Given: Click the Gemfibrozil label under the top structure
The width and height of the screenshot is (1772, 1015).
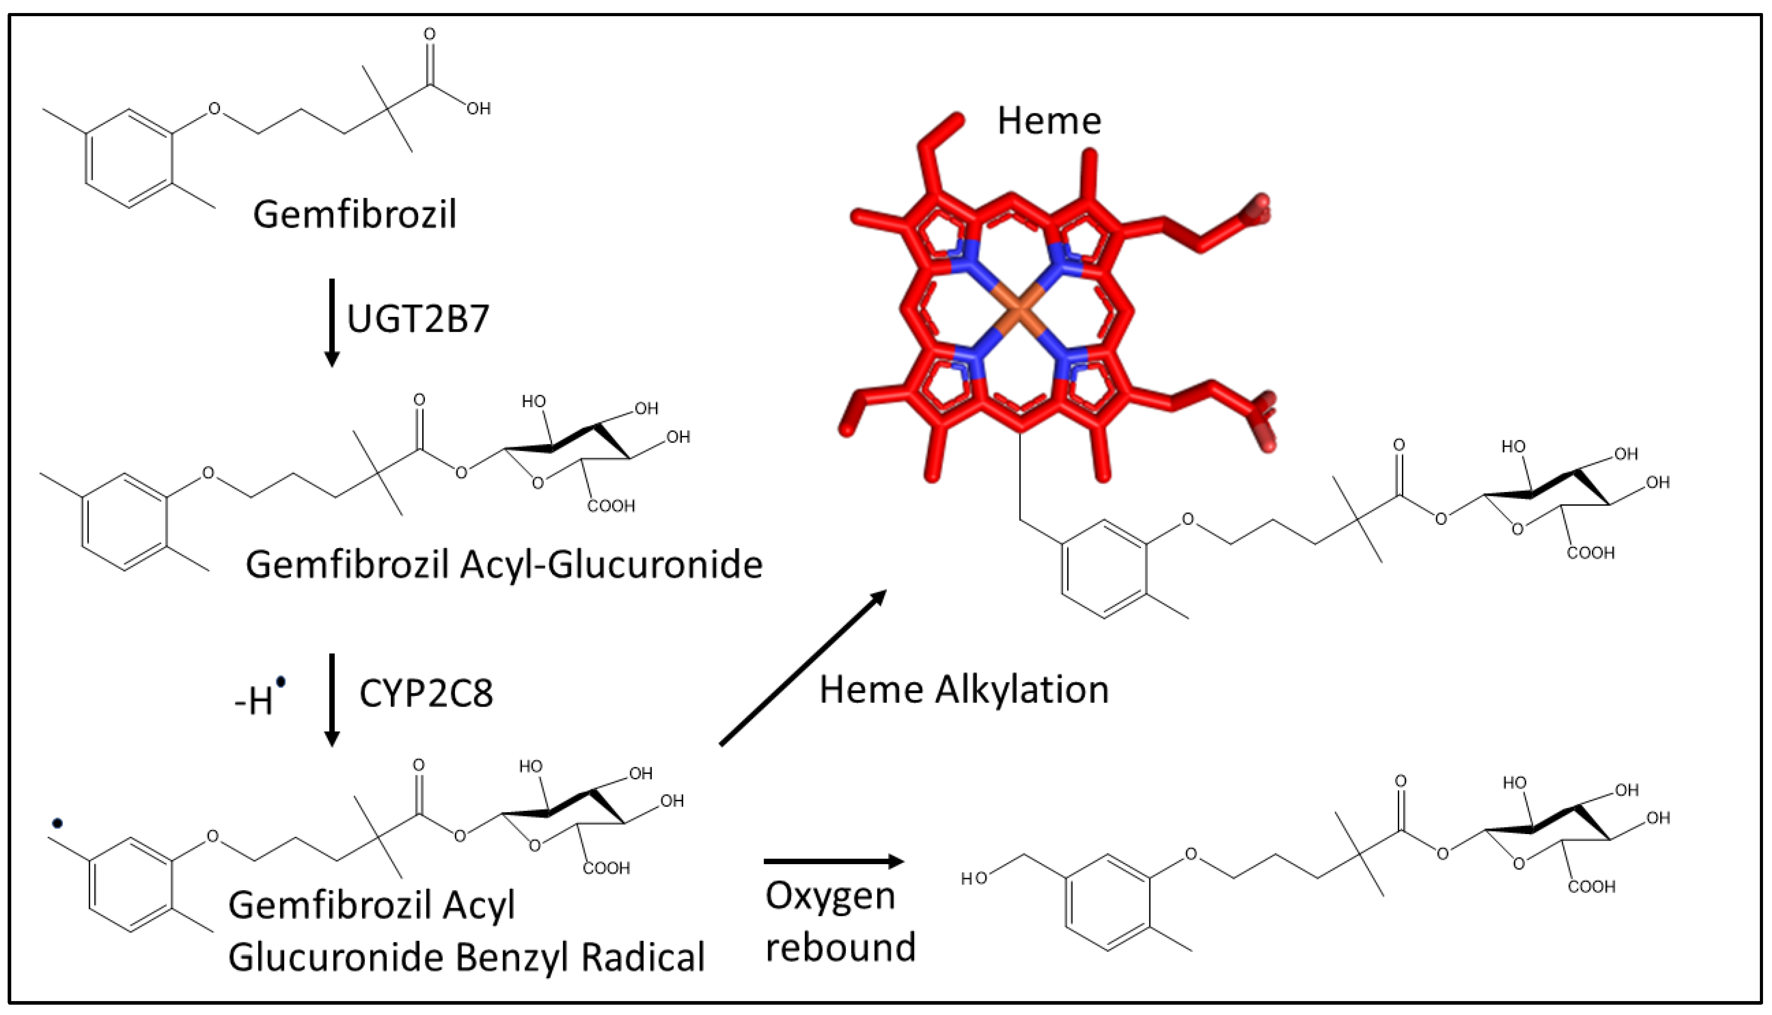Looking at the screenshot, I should (x=354, y=214).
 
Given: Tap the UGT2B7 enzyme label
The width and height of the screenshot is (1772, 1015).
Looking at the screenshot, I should (x=418, y=319).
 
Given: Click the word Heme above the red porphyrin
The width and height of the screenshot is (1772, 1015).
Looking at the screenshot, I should (x=1049, y=121).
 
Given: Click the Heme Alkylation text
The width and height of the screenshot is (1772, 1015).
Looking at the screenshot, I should (x=964, y=690).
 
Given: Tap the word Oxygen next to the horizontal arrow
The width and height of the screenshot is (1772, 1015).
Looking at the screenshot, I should (x=830, y=896).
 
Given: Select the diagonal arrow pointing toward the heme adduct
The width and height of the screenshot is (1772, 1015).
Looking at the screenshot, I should (x=802, y=667).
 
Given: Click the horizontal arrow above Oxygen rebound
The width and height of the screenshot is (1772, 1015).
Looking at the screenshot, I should (x=833, y=861).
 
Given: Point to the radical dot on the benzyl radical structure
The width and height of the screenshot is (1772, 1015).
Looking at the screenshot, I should (x=57, y=823).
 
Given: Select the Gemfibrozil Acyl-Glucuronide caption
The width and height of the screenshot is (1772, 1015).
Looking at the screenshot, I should (x=504, y=565).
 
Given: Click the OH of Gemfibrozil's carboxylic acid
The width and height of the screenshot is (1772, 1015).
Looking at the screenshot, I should (x=478, y=109).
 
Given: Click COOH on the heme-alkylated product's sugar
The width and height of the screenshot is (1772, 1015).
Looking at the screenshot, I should (x=1591, y=553).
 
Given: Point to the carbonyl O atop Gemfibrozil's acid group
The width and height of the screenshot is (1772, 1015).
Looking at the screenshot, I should (x=429, y=34).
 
